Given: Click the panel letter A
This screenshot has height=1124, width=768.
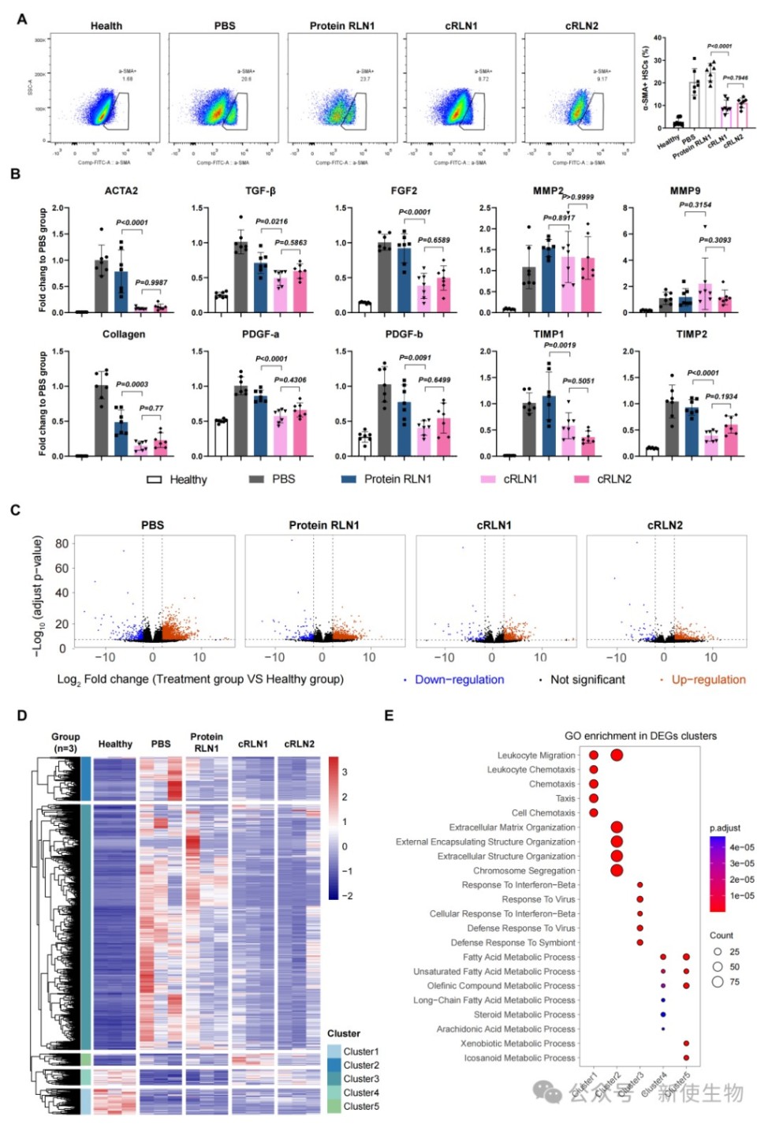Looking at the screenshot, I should [x=22, y=19].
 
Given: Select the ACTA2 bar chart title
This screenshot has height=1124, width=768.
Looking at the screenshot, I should [x=121, y=191].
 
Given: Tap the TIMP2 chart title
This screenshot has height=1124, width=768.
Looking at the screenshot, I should [x=691, y=334].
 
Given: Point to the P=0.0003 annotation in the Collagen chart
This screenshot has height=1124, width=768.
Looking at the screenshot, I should [x=132, y=384].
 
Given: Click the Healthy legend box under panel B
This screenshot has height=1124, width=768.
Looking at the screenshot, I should [x=155, y=480].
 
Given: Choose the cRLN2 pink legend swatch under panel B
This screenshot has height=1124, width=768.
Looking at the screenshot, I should [x=582, y=480].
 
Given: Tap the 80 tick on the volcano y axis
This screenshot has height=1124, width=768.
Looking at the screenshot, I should [x=62, y=543].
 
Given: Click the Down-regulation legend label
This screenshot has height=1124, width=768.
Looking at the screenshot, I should [x=459, y=680].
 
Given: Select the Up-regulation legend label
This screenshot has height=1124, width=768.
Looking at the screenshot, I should [x=708, y=680].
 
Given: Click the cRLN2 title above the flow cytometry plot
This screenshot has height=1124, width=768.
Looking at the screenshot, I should [x=581, y=26].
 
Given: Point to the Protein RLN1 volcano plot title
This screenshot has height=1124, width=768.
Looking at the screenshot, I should [x=323, y=525].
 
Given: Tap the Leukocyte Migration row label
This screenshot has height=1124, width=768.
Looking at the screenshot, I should [x=536, y=756].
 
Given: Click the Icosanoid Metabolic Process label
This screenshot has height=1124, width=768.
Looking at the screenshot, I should [x=520, y=1059].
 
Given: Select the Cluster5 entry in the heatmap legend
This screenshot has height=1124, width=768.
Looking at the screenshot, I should [x=360, y=1107].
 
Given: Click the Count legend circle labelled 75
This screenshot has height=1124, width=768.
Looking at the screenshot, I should [x=718, y=982].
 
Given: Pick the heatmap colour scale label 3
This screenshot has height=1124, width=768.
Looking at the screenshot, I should [x=345, y=772].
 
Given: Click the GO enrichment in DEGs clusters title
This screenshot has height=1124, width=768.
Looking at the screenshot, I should [x=640, y=736].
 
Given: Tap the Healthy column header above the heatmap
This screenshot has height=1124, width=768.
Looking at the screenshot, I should [x=115, y=744].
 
